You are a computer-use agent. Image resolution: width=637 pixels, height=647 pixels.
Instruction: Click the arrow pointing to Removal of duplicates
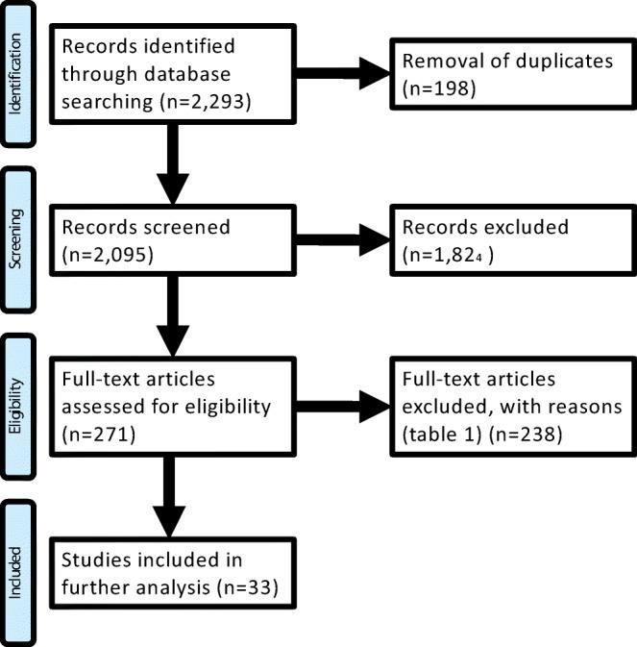pyautogui.click(x=342, y=77)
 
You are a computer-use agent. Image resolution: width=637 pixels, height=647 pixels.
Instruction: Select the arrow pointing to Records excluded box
pyautogui.click(x=342, y=243)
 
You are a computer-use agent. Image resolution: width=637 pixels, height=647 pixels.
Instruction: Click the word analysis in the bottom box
pyautogui.click(x=167, y=585)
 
